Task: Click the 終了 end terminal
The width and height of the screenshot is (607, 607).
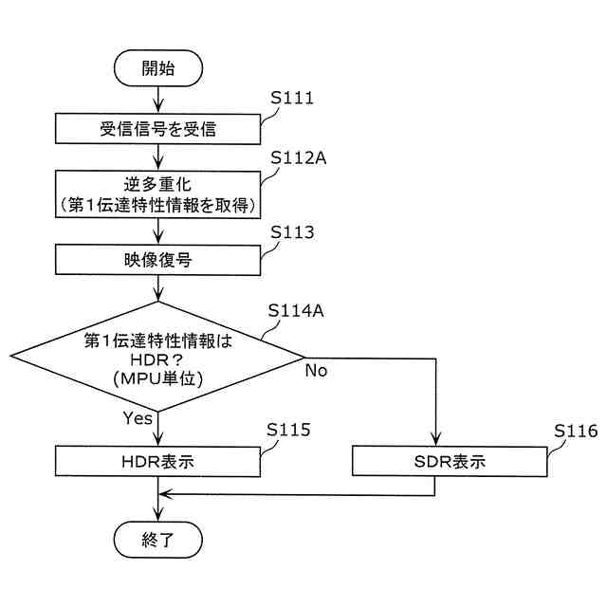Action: [x=157, y=540]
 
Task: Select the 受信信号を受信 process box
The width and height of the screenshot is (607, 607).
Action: [x=157, y=128]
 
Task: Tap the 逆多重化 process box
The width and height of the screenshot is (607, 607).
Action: [x=157, y=193]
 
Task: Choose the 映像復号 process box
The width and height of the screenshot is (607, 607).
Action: [x=157, y=259]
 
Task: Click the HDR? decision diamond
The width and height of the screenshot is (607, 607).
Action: [x=157, y=358]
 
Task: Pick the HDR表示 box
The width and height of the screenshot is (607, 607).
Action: [x=157, y=462]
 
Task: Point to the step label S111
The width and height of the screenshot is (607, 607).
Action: [x=292, y=98]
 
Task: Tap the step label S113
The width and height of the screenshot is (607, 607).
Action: [x=292, y=231]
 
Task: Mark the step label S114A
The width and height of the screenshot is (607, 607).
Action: [x=297, y=310]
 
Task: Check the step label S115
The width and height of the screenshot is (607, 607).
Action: [x=288, y=430]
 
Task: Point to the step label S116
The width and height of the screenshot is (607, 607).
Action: [x=576, y=430]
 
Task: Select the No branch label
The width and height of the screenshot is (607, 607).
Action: [x=316, y=371]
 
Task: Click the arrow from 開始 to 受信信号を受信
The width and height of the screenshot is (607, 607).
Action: [x=157, y=97]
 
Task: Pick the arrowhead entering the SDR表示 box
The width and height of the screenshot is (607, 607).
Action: [x=435, y=442]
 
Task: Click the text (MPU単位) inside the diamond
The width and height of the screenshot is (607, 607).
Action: [x=157, y=379]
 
